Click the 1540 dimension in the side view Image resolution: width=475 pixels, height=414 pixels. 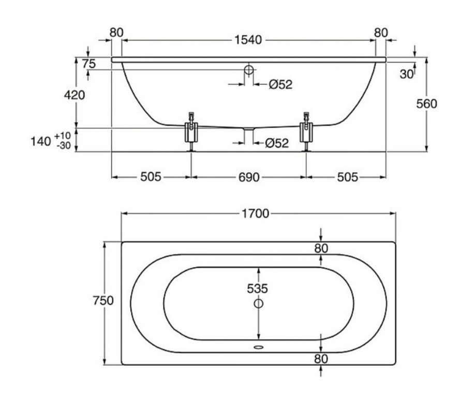248,40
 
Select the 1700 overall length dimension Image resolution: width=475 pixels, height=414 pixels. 256,214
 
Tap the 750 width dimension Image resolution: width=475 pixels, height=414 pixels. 103,300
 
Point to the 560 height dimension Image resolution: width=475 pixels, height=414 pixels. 426,103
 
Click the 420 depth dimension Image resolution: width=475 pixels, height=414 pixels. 74,95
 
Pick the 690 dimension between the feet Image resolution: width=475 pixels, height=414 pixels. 249,177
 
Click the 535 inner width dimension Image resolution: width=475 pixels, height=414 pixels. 258,289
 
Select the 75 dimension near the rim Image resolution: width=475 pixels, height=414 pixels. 89,64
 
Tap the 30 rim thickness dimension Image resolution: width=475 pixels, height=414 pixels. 407,74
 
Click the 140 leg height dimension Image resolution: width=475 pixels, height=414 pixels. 40,141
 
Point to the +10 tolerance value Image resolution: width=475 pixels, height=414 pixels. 63,136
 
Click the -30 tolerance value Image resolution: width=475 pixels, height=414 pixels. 64,145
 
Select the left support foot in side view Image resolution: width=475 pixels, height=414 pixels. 191,131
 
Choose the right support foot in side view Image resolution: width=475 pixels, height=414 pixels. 306,131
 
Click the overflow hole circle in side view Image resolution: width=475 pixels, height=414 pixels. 249,70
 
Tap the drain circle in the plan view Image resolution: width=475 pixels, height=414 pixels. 258,303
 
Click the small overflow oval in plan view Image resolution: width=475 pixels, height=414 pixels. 258,347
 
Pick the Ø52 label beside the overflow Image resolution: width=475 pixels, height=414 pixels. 280,84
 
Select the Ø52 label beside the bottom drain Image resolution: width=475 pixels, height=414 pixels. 277,143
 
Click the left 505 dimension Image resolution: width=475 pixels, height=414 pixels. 151,177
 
